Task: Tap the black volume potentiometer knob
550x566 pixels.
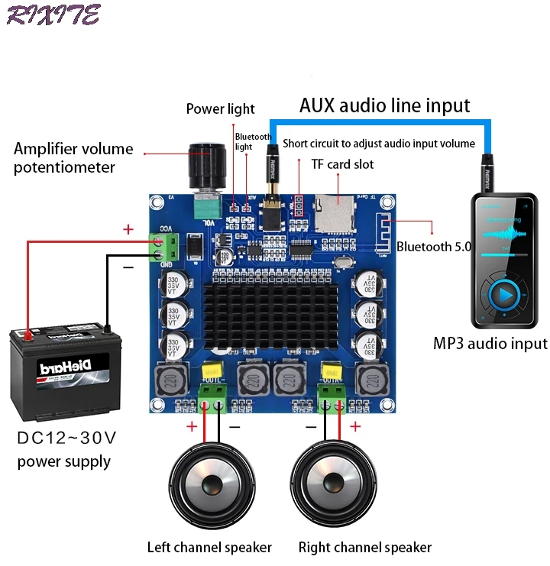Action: tap(209, 164)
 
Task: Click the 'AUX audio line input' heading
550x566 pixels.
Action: tap(384, 105)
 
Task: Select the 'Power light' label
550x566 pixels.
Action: tap(220, 109)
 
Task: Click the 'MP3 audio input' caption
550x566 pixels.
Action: tap(490, 344)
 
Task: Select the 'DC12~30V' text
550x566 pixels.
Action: tap(66, 438)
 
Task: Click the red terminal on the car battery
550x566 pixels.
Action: tap(28, 335)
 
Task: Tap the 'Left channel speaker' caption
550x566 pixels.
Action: tap(209, 547)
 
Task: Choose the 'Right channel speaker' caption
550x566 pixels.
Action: tap(364, 547)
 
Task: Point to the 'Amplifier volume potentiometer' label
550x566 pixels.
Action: tap(73, 157)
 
